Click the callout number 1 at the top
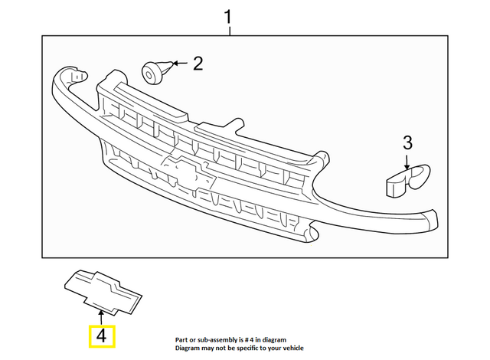pos(228,15)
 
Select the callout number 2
pos(198,63)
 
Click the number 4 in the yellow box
pos(102,336)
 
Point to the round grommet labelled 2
pos(155,73)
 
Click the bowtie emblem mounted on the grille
pos(189,172)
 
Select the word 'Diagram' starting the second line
pos(188,348)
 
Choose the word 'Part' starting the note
pos(182,338)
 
